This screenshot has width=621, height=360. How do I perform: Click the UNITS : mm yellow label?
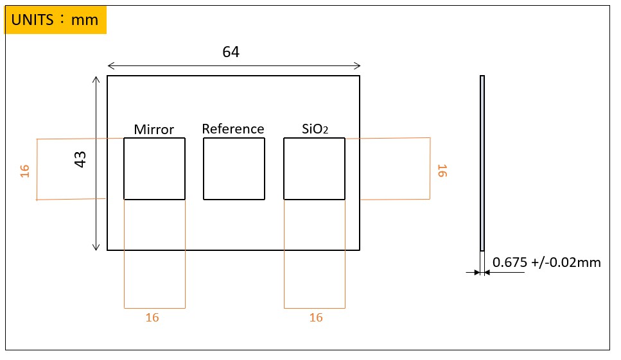tap(55, 20)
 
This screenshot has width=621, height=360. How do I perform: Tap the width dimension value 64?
tap(231, 53)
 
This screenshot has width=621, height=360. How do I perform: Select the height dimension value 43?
tap(81, 160)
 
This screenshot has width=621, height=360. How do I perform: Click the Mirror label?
tap(154, 130)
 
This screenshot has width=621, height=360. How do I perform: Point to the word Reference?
tap(233, 129)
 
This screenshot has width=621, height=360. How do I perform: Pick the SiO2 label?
tap(315, 129)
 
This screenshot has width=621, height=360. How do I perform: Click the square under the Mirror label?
tap(155, 169)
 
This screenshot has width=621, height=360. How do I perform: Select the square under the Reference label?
tap(234, 169)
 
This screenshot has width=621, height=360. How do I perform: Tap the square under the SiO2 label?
tap(314, 169)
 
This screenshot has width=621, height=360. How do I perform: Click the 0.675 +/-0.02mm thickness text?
tap(547, 262)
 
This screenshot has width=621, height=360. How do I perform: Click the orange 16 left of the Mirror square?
tap(25, 171)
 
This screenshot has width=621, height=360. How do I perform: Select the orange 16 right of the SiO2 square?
tap(442, 171)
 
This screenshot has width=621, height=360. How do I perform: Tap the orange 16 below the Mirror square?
tap(152, 318)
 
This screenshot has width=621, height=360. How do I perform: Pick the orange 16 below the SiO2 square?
tap(316, 318)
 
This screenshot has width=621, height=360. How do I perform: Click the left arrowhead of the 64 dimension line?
tap(110, 65)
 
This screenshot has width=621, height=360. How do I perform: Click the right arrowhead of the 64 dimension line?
tap(357, 65)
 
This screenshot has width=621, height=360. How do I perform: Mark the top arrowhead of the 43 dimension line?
tap(96, 80)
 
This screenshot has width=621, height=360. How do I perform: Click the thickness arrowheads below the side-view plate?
tap(482, 273)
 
